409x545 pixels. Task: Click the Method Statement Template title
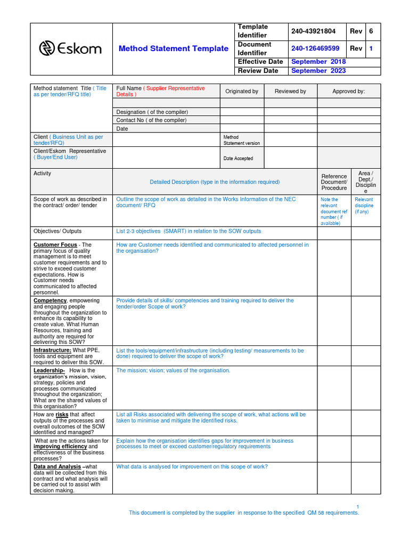[x=174, y=48]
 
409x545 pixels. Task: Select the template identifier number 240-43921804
[x=313, y=31]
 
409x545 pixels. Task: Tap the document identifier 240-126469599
[x=315, y=48]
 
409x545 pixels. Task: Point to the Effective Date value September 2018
[x=318, y=62]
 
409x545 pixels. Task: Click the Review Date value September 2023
[x=318, y=71]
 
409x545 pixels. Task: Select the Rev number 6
[x=371, y=31]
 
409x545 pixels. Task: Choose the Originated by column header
[x=242, y=92]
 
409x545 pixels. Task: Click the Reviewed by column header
[x=290, y=92]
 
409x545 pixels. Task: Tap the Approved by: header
[x=349, y=92]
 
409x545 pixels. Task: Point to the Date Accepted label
[x=238, y=159]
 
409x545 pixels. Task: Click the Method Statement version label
[x=242, y=140]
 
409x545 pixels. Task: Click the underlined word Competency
[x=50, y=301]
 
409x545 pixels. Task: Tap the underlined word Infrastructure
[x=52, y=351]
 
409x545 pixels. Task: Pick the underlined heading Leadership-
[x=49, y=370]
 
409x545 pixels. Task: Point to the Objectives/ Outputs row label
[x=58, y=232]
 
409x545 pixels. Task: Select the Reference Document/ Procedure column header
[x=334, y=182]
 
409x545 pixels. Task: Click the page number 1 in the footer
[x=358, y=506]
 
